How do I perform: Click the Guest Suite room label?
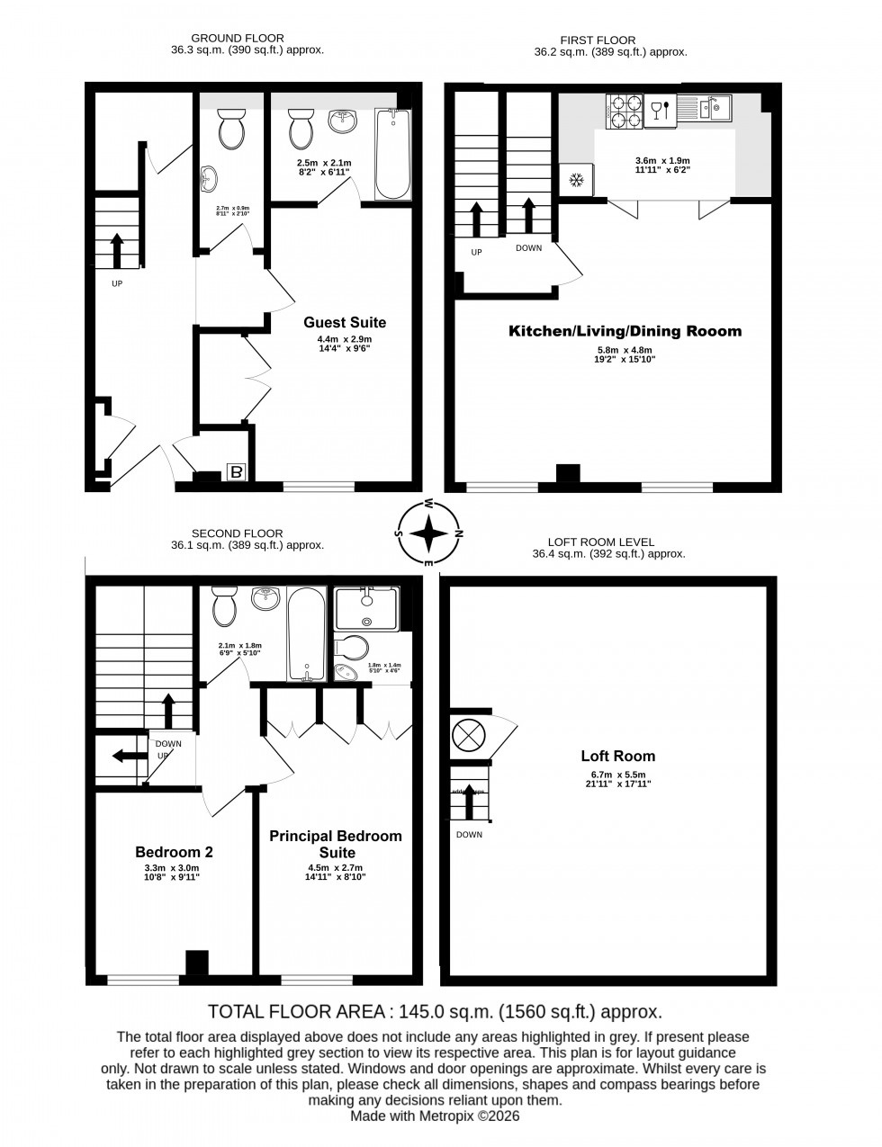345,322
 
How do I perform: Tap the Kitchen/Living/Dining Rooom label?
625,331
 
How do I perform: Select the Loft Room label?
617,756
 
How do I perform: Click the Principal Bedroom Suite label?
336,844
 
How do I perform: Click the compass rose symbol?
430,532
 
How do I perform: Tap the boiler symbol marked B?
237,472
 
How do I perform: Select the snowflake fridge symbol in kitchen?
574,181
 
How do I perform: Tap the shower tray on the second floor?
365,607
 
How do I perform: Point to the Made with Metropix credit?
436,1116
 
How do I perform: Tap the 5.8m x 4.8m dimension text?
625,351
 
